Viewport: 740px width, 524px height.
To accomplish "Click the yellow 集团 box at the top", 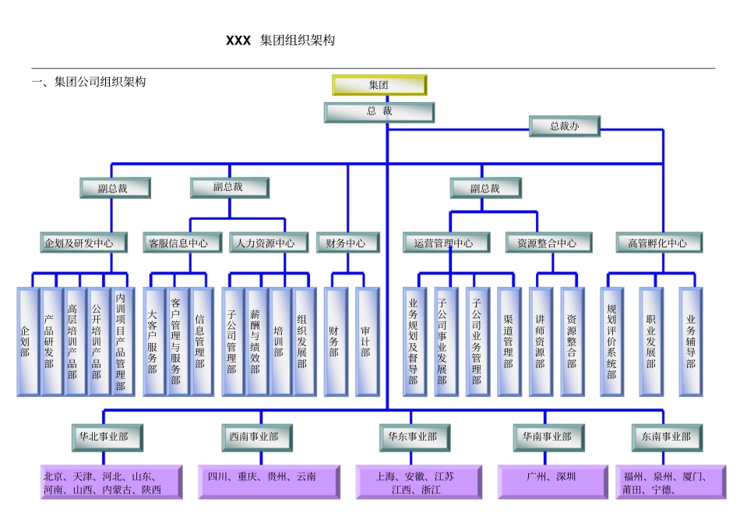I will [x=379, y=84].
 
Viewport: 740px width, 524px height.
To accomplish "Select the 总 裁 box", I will [x=379, y=112].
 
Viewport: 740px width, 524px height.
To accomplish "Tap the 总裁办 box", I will [x=565, y=126].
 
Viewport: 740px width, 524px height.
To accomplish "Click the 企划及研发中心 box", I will [x=78, y=243].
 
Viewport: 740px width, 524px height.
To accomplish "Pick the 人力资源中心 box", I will [x=266, y=243].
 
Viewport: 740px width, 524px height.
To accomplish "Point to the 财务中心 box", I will [x=347, y=243].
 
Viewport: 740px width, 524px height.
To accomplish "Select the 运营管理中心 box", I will [x=446, y=243].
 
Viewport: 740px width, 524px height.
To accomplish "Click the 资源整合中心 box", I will [x=541, y=243].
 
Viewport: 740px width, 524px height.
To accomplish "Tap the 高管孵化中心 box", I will [x=658, y=243].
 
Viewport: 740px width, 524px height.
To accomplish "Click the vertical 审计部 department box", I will [x=366, y=342].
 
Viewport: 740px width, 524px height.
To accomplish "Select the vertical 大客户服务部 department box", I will [x=153, y=342].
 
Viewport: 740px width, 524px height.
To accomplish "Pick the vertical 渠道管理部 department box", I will [x=509, y=342].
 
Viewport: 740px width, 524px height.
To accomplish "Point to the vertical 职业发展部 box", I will [x=651, y=342].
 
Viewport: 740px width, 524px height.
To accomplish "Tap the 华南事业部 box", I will [x=547, y=437].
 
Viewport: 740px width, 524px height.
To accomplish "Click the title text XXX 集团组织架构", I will [x=280, y=41].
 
